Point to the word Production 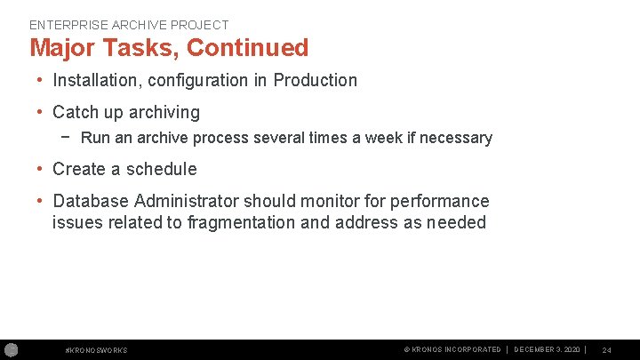315,80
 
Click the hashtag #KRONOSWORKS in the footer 97,350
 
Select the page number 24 606,350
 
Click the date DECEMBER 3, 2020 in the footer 548,349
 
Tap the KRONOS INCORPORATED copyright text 452,349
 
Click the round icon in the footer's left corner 11,349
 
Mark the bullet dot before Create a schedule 42,169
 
